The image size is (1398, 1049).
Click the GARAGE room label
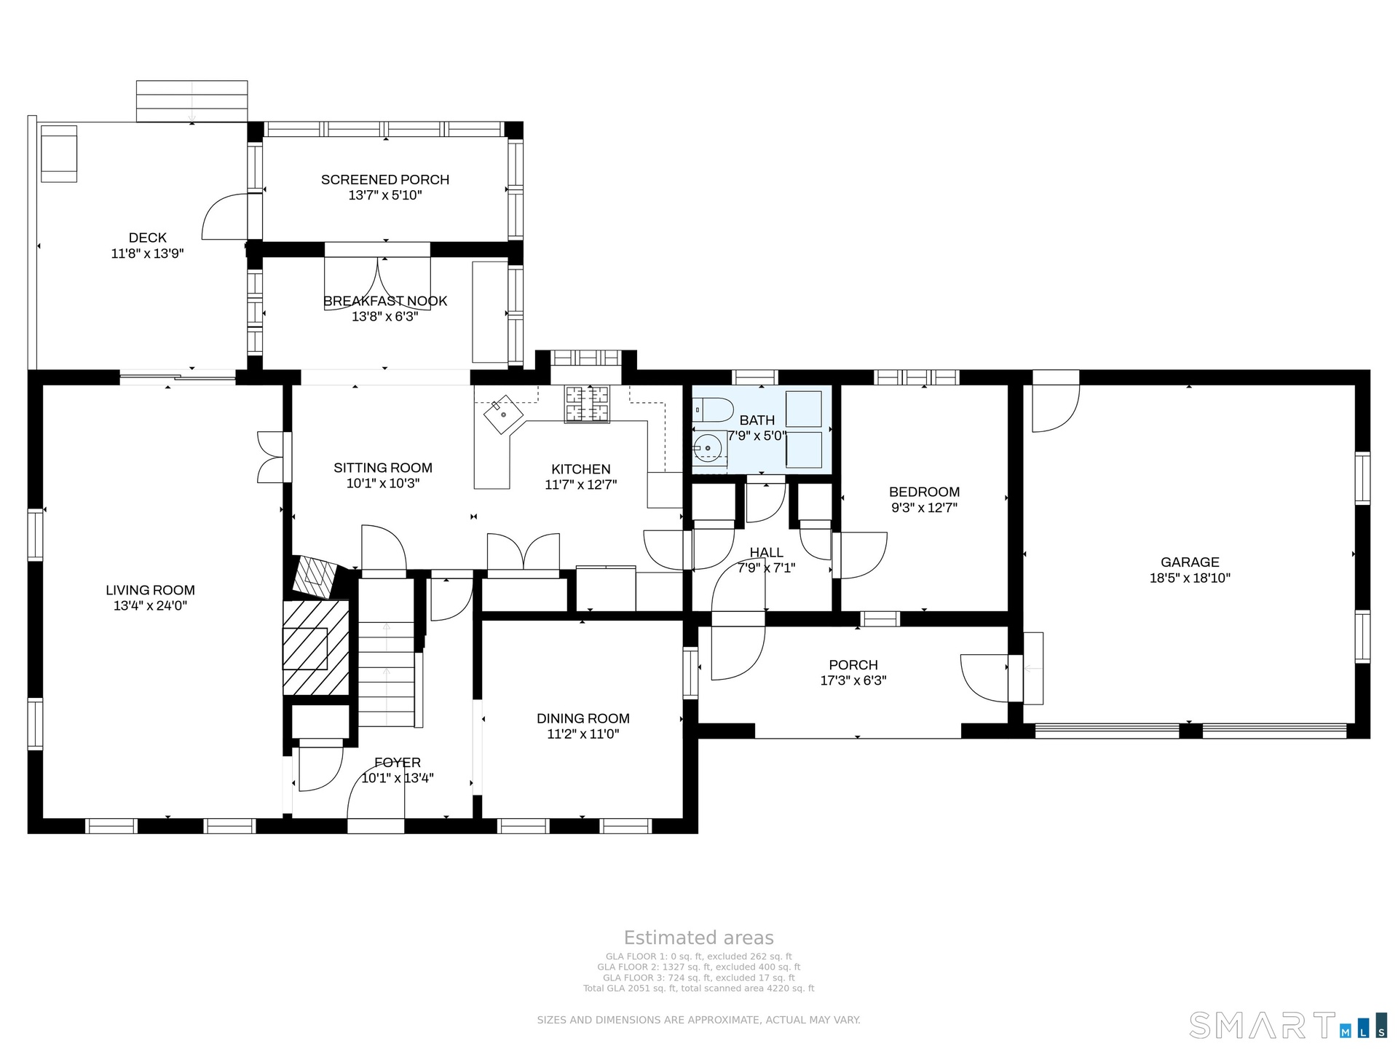tap(1190, 562)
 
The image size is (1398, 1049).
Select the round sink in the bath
tap(707, 448)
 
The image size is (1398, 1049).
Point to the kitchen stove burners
tap(587, 404)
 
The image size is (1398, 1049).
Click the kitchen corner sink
tap(504, 415)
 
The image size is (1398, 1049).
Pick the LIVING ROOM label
tap(150, 590)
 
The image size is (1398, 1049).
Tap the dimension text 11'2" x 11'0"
tap(583, 734)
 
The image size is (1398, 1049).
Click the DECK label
tap(148, 237)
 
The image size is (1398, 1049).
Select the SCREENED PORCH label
tap(385, 179)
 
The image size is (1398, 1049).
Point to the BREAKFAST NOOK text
tap(385, 301)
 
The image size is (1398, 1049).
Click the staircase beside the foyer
tap(387, 652)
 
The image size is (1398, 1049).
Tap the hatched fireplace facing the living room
tap(316, 647)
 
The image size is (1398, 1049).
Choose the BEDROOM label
tap(925, 492)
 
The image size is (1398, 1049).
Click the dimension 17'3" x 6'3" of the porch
tap(853, 680)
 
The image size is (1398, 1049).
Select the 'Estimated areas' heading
tap(699, 938)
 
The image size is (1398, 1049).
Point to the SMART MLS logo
tap(1288, 1025)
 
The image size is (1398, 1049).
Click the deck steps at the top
tap(192, 101)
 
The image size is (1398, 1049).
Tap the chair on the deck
tap(59, 154)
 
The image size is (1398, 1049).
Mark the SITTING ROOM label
tap(383, 468)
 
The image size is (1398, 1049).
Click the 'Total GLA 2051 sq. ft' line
tap(699, 989)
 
